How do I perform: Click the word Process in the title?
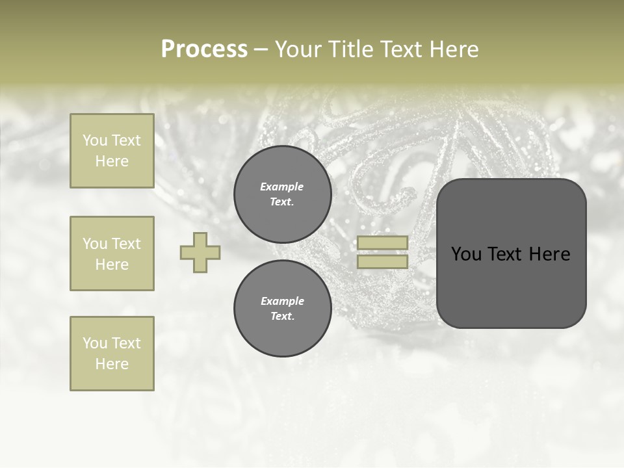point(204,49)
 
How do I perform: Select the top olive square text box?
point(112,151)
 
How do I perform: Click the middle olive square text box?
point(112,253)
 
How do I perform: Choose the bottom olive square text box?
point(112,353)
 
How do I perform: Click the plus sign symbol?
point(200,252)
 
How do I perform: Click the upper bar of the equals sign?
point(382,242)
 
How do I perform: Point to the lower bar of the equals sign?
point(382,261)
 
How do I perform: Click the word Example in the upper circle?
point(282,187)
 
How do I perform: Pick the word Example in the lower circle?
point(282,301)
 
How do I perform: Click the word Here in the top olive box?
point(112,161)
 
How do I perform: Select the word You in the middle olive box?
point(94,244)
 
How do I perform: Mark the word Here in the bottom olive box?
point(112,364)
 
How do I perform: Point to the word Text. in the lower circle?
point(282,317)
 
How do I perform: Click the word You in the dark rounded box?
point(466,254)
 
